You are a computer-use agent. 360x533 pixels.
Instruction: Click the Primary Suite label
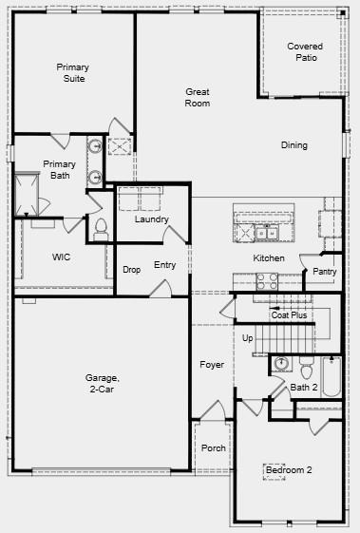tap(72, 72)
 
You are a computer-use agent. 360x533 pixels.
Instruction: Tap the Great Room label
tap(198, 97)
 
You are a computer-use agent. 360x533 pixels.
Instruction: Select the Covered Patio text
tap(305, 51)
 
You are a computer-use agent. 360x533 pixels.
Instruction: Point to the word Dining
tap(294, 145)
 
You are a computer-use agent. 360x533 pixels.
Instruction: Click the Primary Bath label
tap(59, 169)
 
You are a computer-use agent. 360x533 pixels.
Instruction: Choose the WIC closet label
tap(62, 257)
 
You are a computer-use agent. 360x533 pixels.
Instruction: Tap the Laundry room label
tap(152, 219)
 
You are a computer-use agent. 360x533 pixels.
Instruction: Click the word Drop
tap(132, 270)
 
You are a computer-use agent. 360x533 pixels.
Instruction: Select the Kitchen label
tap(269, 258)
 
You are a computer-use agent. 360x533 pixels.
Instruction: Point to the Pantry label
tap(325, 272)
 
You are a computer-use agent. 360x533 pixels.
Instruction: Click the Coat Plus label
tap(289, 314)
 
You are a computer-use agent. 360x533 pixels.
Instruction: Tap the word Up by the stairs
tap(248, 338)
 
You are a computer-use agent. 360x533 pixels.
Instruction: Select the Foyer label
tap(212, 365)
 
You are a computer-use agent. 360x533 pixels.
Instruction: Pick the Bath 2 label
tap(304, 387)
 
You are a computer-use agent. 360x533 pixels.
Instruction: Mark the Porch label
tap(214, 447)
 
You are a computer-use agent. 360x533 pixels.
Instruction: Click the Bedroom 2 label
tap(289, 470)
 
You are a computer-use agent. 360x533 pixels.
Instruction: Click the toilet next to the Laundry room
tap(101, 229)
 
